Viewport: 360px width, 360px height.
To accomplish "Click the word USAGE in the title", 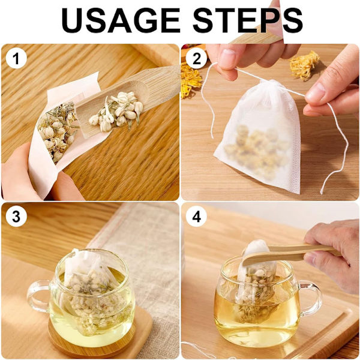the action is (121, 20).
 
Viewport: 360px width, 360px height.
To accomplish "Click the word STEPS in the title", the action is (247, 20).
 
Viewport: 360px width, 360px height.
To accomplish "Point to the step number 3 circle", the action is (16, 216).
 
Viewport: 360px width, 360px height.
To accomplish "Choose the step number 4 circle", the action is (196, 216).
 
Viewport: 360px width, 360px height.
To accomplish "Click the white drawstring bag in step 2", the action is (258, 136).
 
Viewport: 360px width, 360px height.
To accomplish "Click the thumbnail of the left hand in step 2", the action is (227, 56).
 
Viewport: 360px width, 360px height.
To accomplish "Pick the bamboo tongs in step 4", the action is (292, 254).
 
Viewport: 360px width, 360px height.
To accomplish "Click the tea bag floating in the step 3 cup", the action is (92, 292).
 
